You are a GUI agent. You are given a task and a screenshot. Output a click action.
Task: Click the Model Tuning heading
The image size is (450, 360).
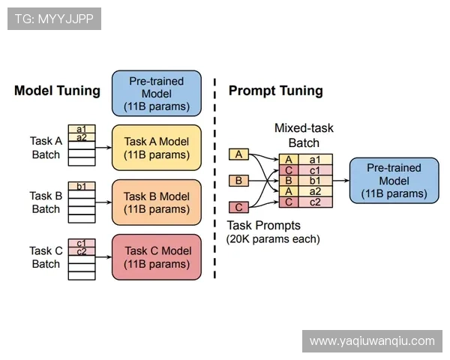pyautogui.click(x=57, y=91)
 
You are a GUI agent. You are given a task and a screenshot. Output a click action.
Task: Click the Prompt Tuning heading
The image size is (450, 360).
pyautogui.click(x=275, y=91)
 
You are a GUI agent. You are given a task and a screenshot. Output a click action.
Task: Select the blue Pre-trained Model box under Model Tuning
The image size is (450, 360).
pyautogui.click(x=157, y=93)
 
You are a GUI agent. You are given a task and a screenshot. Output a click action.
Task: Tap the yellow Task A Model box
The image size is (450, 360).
pyautogui.click(x=157, y=148)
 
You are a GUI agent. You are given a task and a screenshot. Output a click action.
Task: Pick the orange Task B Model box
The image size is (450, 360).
pyautogui.click(x=157, y=202)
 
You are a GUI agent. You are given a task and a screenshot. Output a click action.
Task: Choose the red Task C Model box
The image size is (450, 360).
pyautogui.click(x=157, y=257)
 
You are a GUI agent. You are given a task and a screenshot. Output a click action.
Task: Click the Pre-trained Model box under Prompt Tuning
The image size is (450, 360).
pyautogui.click(x=394, y=181)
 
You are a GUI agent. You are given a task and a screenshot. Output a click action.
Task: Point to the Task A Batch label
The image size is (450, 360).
pyautogui.click(x=46, y=148)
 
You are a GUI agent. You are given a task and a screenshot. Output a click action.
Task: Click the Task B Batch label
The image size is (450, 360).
pyautogui.click(x=46, y=202)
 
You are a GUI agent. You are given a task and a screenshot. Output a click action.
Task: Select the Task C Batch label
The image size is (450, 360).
pyautogui.click(x=46, y=257)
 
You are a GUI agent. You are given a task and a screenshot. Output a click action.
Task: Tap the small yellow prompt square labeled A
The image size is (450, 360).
pyautogui.click(x=238, y=154)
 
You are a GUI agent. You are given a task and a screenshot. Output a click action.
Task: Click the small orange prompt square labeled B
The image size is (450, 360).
pyautogui.click(x=238, y=181)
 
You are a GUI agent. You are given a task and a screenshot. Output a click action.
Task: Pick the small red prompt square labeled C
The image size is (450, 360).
pyautogui.click(x=238, y=207)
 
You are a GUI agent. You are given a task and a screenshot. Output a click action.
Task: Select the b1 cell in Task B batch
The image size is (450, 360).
pyautogui.click(x=81, y=186)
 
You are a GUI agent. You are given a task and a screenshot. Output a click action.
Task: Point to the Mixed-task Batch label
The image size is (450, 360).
pyautogui.click(x=304, y=136)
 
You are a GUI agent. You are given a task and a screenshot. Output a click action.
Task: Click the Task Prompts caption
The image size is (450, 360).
pyautogui.click(x=263, y=226)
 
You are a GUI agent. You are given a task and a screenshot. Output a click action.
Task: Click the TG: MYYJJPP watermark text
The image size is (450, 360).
pyautogui.click(x=54, y=19)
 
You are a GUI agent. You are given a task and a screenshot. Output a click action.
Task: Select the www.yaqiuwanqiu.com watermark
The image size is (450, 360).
pyautogui.click(x=372, y=341)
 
